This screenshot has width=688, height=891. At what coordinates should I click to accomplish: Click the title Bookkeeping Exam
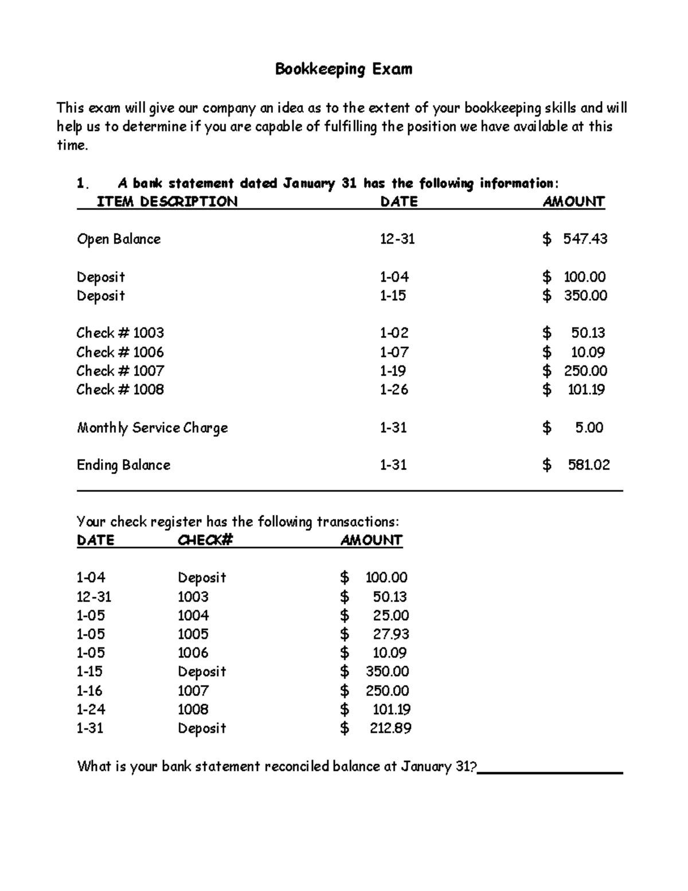343,69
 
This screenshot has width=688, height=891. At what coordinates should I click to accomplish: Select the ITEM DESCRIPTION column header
166,201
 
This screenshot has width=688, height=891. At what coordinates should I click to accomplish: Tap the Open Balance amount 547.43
585,239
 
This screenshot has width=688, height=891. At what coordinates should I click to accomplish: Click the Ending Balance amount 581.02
588,465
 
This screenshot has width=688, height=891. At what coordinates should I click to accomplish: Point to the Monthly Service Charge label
153,428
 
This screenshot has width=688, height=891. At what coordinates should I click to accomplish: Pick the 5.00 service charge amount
589,427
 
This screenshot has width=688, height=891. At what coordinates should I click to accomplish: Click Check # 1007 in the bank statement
120,371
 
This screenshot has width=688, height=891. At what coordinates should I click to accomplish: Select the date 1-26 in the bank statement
394,390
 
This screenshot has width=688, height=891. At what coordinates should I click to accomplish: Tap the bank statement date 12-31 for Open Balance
397,239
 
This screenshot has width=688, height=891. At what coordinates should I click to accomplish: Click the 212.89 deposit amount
390,728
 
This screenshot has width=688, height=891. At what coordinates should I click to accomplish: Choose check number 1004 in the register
193,616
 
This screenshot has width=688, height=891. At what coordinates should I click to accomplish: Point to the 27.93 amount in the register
390,634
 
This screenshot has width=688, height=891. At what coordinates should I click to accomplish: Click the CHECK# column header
205,540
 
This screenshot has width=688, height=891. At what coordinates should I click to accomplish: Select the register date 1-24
91,709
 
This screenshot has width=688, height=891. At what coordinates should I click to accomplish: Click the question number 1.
83,184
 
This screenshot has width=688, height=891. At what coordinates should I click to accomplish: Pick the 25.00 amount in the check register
390,616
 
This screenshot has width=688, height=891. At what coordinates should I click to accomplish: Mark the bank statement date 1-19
393,371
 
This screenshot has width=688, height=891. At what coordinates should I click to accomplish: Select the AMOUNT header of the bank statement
573,201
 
